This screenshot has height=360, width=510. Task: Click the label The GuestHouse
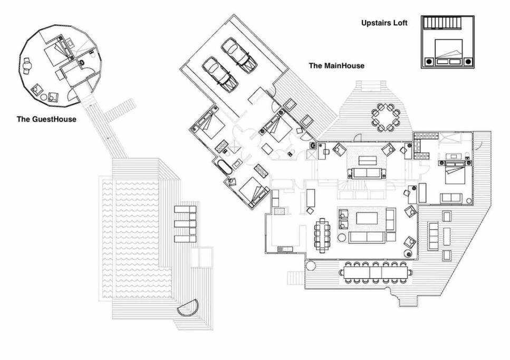(46, 119)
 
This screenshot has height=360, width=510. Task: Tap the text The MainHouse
(336, 66)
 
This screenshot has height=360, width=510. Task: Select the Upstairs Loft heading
(384, 23)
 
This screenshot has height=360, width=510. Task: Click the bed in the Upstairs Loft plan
(448, 51)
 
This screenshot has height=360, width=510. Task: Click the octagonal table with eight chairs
(386, 117)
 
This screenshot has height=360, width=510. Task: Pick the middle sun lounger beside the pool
(186, 223)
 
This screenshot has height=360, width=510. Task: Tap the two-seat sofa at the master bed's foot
(451, 198)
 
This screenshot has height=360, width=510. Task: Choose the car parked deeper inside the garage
(239, 55)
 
